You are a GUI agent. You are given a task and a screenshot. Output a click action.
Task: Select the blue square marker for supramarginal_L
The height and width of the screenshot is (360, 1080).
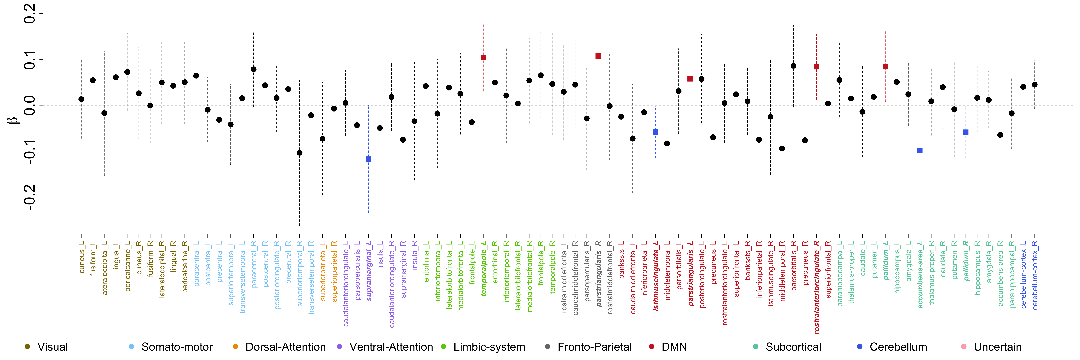click(x=369, y=159)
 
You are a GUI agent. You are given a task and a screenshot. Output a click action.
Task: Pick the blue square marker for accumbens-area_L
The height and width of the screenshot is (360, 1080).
click(x=920, y=150)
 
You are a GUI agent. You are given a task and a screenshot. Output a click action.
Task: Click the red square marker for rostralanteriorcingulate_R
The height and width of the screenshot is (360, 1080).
click(x=816, y=67)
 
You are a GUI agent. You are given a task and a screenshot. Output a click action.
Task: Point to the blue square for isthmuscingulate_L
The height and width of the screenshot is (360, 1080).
click(x=656, y=132)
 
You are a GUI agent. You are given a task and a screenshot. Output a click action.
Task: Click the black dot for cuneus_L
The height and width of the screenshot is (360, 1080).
click(x=81, y=99)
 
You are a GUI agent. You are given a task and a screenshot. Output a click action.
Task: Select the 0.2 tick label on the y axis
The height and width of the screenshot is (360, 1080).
click(x=29, y=14)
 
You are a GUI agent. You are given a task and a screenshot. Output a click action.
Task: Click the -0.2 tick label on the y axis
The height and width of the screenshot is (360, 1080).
click(x=29, y=197)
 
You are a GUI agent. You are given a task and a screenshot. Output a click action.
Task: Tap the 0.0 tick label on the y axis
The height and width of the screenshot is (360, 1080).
click(x=29, y=105)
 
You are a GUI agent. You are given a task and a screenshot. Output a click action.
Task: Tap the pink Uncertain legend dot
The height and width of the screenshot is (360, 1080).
click(x=964, y=347)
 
